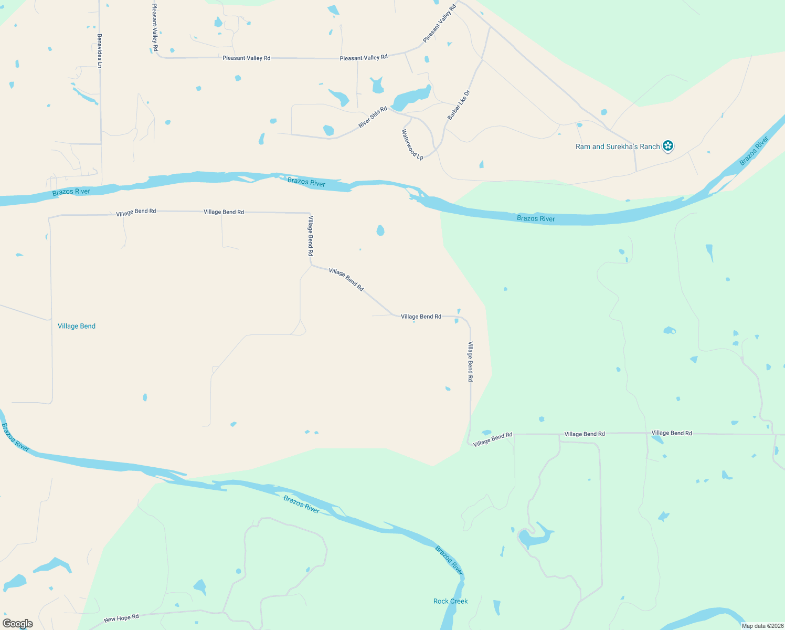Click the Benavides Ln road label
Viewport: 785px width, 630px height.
99,51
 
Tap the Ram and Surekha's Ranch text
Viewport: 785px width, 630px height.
617,146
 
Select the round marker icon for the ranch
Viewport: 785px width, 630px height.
667,145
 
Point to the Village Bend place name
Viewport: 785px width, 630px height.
77,326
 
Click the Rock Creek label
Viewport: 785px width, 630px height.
450,601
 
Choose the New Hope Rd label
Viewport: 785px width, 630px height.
121,618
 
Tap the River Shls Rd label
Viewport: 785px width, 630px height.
373,117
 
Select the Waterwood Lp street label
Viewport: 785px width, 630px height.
412,144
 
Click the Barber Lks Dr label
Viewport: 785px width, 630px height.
459,105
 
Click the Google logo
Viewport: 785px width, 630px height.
18,624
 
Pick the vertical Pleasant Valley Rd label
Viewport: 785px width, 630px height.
155,27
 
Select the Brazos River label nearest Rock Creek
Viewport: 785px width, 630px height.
449,560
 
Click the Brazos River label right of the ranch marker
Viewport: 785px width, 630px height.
754,151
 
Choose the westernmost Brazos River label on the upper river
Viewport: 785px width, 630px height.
71,192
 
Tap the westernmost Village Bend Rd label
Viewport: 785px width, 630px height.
136,212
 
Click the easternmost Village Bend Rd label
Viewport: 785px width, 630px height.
671,433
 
